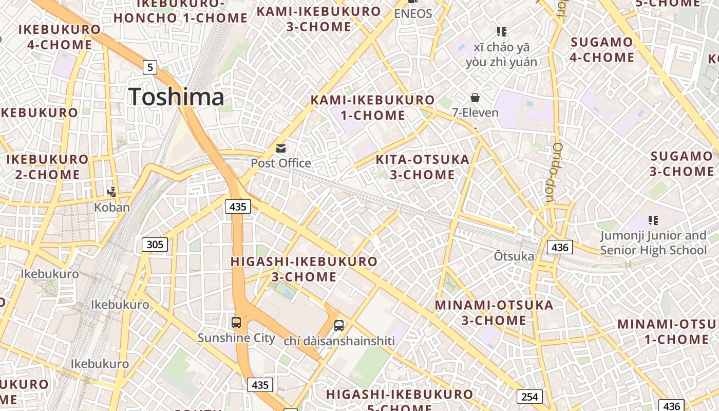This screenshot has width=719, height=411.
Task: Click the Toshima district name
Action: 176,97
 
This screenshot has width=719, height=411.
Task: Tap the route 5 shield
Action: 149,67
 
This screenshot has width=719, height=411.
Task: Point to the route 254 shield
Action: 529,397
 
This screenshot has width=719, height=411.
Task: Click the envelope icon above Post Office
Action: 281,148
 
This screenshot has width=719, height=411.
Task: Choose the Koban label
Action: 111,208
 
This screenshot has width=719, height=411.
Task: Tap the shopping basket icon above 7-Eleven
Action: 475,98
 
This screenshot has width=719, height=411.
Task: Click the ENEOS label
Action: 413,14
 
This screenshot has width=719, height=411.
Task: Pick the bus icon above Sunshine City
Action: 236,323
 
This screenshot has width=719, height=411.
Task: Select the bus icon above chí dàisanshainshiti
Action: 339,325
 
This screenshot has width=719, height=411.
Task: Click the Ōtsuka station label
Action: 514,256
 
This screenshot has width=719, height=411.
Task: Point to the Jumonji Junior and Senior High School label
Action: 653,243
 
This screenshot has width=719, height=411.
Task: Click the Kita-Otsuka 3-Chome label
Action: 423,167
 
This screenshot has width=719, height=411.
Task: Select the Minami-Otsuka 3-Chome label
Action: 494,313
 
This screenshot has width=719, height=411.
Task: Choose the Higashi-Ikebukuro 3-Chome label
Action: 304,269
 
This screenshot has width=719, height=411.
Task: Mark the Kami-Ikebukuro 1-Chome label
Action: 373,107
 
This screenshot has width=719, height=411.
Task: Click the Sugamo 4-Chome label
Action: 602,49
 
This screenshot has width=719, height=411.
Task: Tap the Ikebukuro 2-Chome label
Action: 47,167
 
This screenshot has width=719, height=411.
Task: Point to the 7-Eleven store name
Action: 475,112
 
